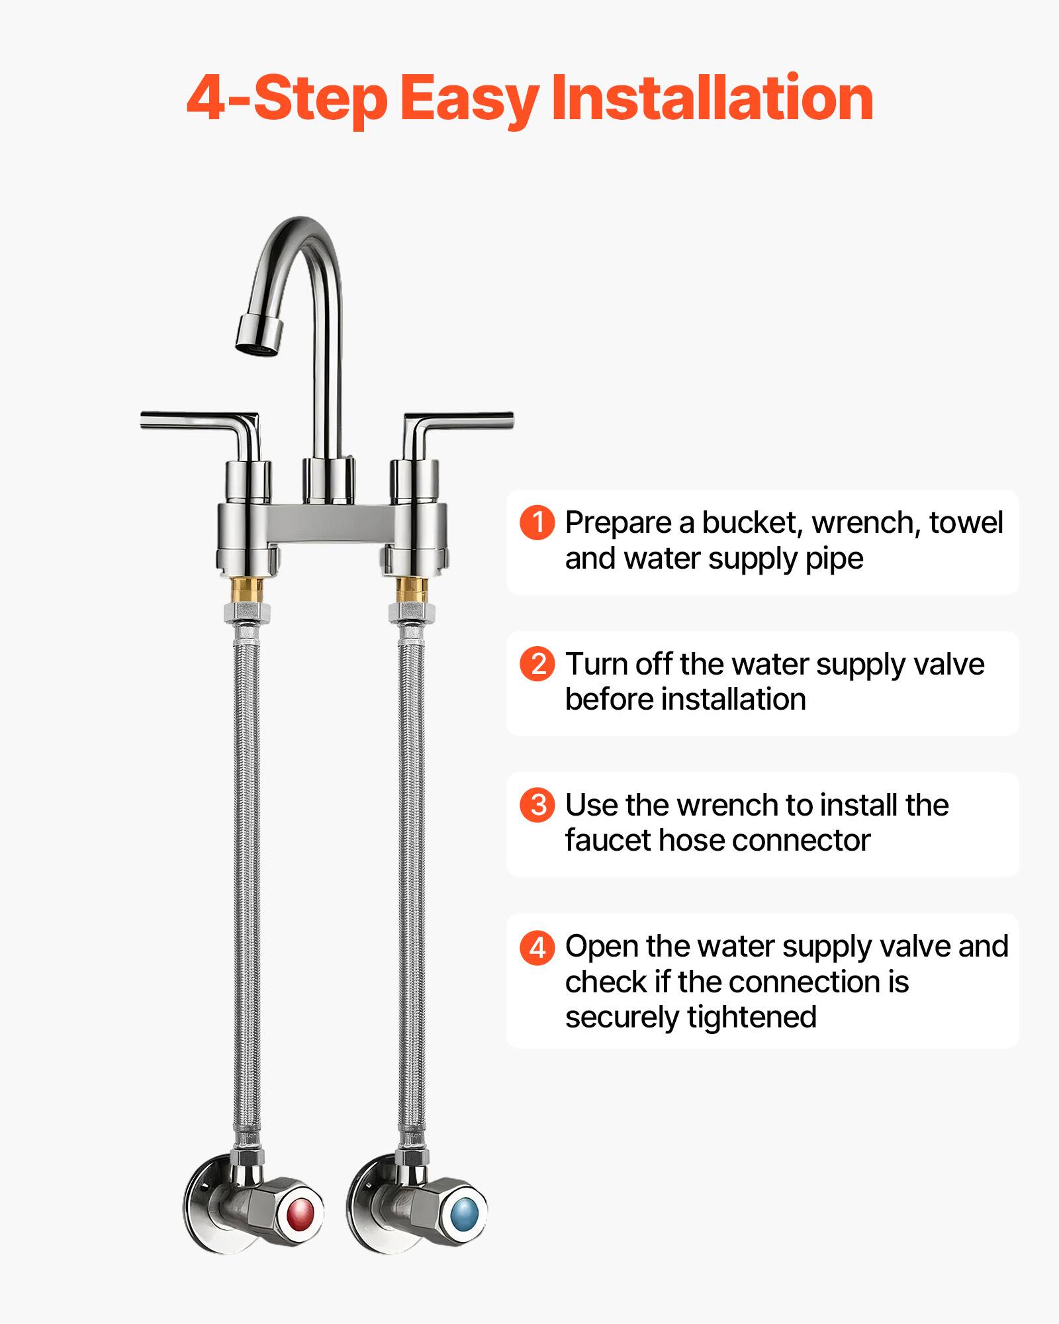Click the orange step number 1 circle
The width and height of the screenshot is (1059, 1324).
click(x=537, y=523)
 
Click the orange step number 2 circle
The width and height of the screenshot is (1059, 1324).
click(x=537, y=664)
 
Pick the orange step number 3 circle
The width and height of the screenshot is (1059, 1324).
click(x=537, y=805)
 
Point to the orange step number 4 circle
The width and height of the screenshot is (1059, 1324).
click(x=537, y=947)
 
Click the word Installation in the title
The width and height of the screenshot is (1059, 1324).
click(x=712, y=99)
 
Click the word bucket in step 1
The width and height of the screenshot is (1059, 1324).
click(x=753, y=523)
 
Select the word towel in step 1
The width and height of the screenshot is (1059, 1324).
click(x=966, y=523)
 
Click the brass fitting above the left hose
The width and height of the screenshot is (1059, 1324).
click(x=248, y=588)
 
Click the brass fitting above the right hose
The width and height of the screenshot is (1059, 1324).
click(x=411, y=588)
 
